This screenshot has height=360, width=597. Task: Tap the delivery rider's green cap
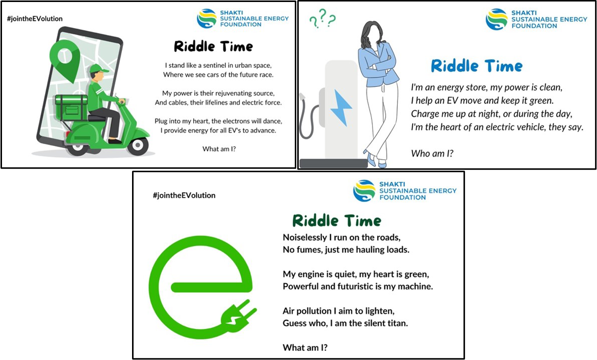coord(98,69)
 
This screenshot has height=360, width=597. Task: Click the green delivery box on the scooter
coord(71,107)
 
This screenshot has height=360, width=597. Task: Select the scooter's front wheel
coord(138,146)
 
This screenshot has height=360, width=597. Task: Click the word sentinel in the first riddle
coord(215,65)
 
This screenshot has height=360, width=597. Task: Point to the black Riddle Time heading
coord(213,46)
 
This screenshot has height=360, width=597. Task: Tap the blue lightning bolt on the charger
coord(340,107)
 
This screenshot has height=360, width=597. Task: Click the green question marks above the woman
coord(322,19)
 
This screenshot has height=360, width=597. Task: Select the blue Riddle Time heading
coord(476,66)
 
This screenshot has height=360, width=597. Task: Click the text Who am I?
coord(432,154)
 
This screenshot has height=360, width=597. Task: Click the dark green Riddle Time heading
coord(336,221)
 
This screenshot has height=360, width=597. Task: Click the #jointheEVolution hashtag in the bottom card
coord(184,195)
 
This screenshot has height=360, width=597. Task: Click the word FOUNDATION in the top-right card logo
coord(534,26)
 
